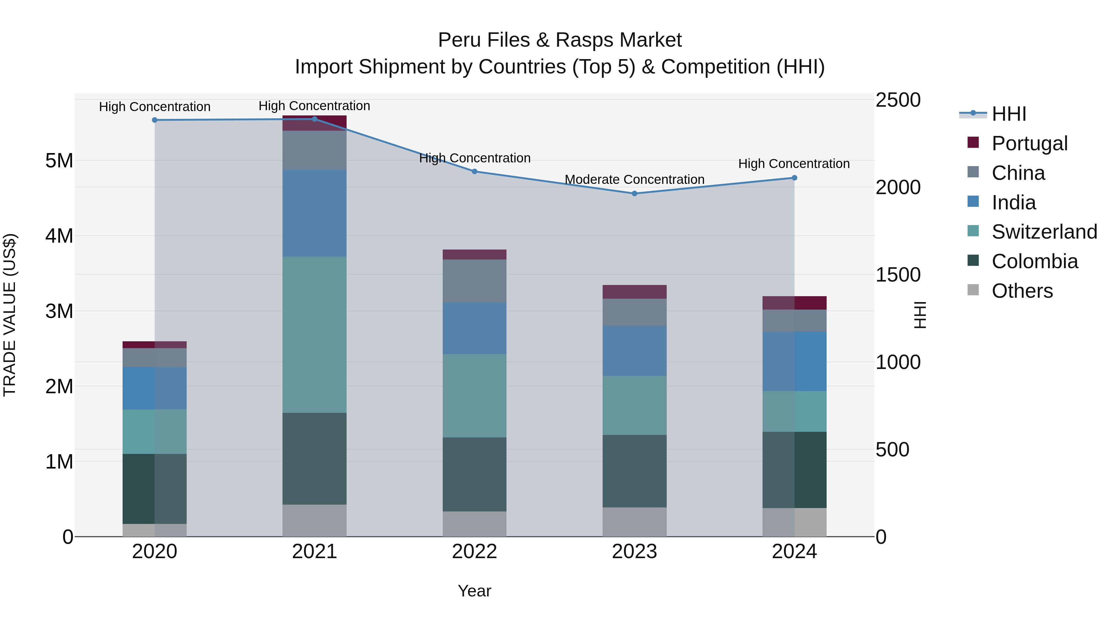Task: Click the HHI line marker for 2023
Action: coord(634,194)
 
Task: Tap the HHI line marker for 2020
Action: coord(155,120)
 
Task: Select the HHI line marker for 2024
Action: coord(794,178)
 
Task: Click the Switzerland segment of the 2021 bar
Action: coord(314,335)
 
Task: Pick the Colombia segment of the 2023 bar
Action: coord(634,471)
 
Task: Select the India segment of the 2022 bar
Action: coord(474,328)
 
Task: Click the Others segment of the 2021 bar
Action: coord(314,520)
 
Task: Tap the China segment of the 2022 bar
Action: coord(474,281)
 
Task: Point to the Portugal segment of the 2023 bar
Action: coord(634,292)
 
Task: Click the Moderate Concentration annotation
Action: coord(634,180)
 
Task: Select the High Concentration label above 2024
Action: coord(794,164)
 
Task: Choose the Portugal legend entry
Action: coord(1029,143)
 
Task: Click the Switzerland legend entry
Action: coord(1044,232)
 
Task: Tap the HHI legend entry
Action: coord(1009,114)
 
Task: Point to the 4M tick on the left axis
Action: coord(59,236)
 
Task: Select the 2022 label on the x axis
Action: coord(474,552)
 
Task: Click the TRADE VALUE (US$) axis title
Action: coord(10,315)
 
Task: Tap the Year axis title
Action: coord(474,591)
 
